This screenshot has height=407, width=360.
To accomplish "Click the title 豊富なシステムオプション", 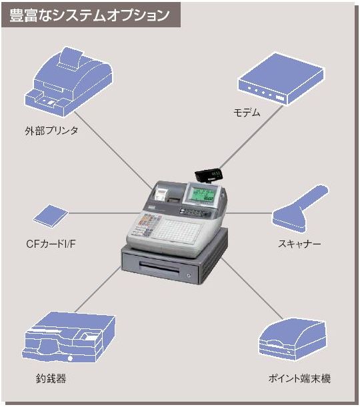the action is click(89, 15).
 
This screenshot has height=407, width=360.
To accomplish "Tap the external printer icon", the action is click(69, 81).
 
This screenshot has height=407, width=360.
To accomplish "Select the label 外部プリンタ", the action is click(51, 131).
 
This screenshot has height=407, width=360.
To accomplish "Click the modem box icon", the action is click(281, 79).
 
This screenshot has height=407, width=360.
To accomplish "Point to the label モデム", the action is click(247, 113).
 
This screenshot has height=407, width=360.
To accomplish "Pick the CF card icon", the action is click(51, 216).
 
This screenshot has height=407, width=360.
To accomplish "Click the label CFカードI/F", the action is click(51, 244).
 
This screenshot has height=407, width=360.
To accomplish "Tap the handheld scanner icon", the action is click(299, 208).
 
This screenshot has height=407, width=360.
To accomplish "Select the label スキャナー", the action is click(299, 244).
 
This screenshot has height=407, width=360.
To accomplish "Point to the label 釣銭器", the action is click(51, 378).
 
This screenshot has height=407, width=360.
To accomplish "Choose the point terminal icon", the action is click(292, 339).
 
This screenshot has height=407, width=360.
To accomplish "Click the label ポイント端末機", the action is click(299, 378).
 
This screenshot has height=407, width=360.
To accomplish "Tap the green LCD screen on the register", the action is click(202, 193).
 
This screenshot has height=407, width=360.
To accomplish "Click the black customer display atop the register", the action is click(209, 175).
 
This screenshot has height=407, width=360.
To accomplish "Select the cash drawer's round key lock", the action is click(189, 275).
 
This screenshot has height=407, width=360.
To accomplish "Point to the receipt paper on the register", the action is click(161, 195).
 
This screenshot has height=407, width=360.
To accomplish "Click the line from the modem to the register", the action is click(251, 137).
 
